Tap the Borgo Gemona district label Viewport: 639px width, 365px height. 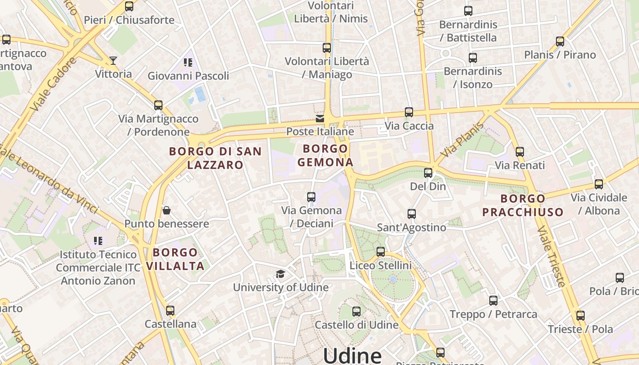pyautogui.click(x=325, y=155)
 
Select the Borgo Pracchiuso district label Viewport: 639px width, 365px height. pyautogui.click(x=523, y=205)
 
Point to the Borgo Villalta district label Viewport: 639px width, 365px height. pyautogui.click(x=175, y=259)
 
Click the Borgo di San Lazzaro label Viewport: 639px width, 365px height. pyautogui.click(x=215, y=158)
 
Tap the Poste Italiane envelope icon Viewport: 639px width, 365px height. pyautogui.click(x=320, y=119)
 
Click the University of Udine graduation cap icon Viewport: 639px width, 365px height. pyautogui.click(x=280, y=274)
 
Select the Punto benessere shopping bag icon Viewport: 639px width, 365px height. pyautogui.click(x=167, y=210)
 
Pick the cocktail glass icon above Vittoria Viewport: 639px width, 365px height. pyautogui.click(x=113, y=60)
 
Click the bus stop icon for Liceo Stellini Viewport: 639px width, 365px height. pyautogui.click(x=380, y=252)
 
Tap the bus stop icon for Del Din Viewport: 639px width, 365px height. pyautogui.click(x=428, y=173)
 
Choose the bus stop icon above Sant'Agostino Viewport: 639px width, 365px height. pyautogui.click(x=411, y=214)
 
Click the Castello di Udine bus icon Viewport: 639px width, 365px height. pyautogui.click(x=356, y=312)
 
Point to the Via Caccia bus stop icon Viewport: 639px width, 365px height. pyautogui.click(x=409, y=112)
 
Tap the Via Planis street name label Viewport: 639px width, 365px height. pyautogui.click(x=462, y=140)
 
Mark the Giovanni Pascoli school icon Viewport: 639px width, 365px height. pyautogui.click(x=188, y=63)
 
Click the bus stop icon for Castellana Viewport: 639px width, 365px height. pyautogui.click(x=170, y=311)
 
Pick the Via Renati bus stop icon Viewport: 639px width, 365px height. pyautogui.click(x=519, y=152)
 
